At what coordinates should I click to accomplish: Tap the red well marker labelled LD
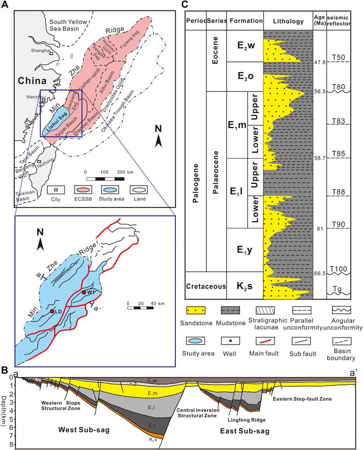click(52, 311)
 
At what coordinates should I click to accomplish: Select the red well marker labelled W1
click(84, 292)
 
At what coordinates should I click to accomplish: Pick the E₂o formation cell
click(245, 77)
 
